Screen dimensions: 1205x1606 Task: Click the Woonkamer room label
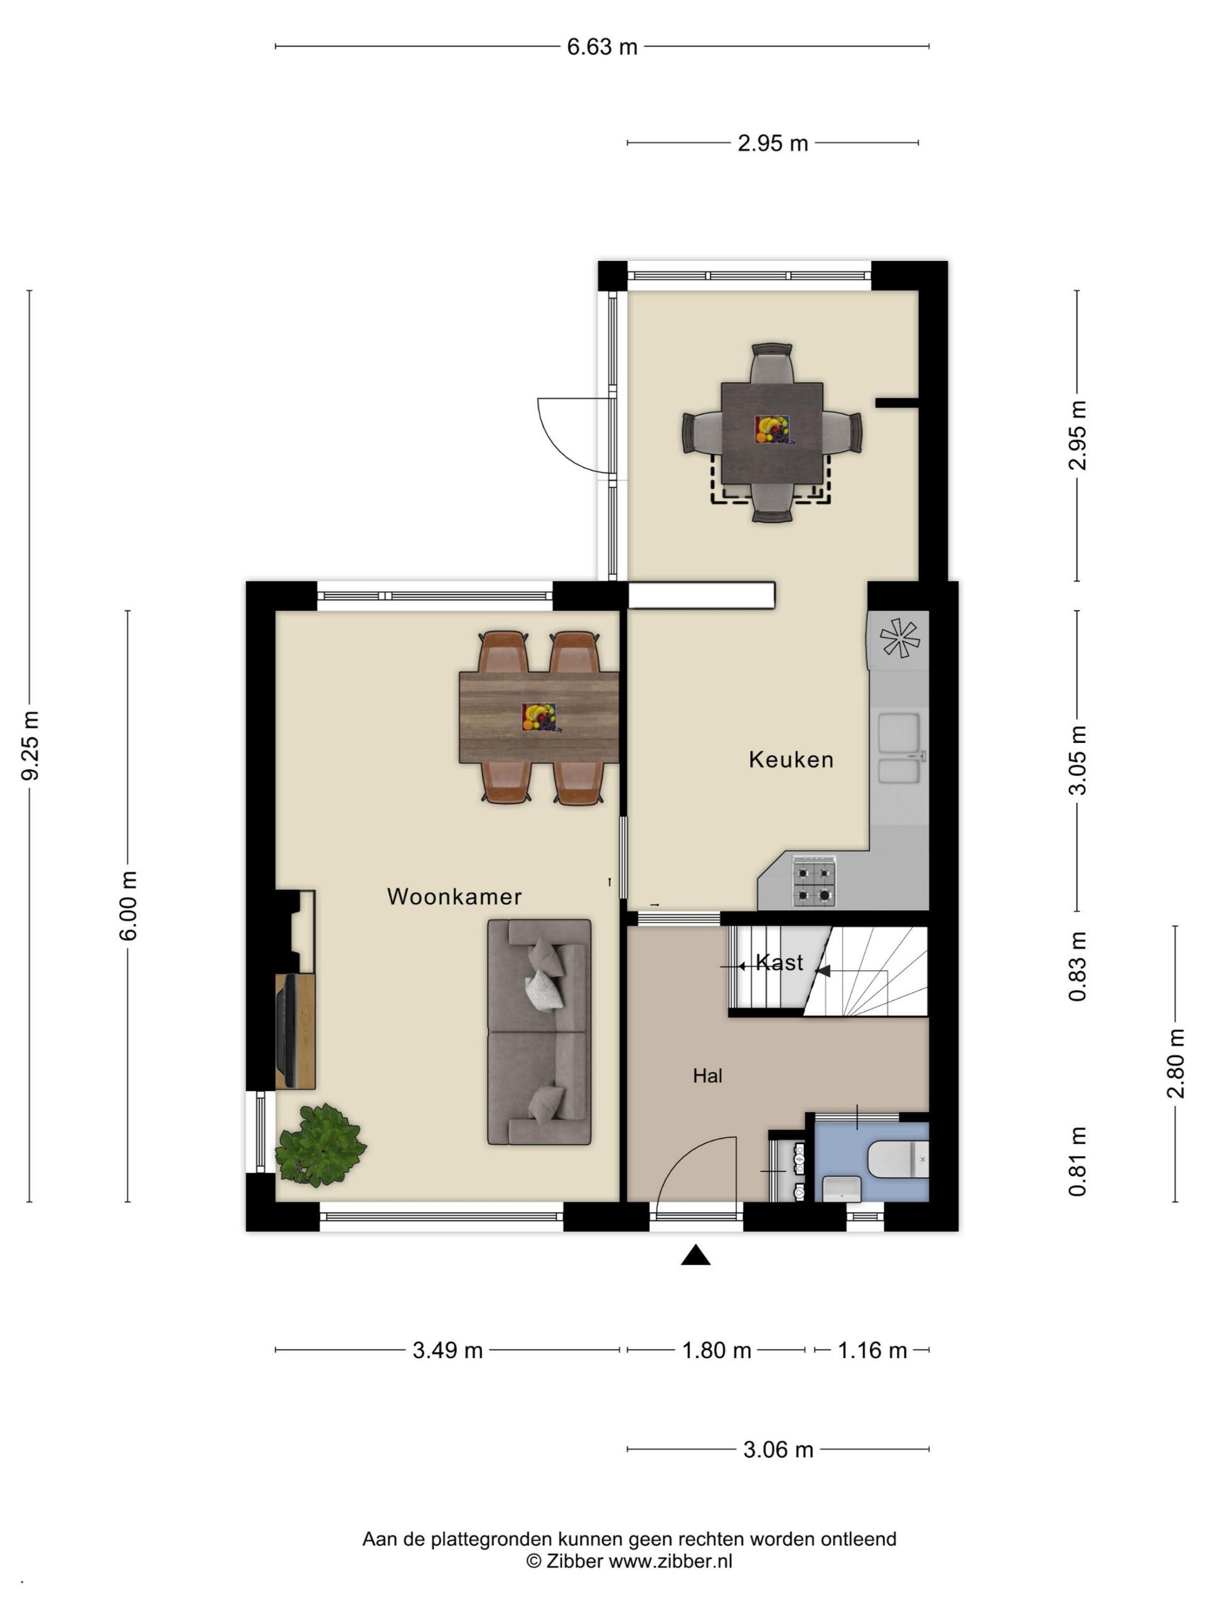(454, 896)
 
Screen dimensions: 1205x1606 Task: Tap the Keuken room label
(791, 760)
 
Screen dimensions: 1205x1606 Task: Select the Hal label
(707, 1076)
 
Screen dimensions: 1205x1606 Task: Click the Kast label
(779, 963)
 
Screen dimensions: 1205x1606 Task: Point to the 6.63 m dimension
(602, 46)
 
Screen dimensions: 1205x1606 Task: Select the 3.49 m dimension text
(447, 1351)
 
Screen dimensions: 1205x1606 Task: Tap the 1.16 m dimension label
(872, 1351)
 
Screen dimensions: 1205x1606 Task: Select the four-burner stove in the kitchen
(813, 881)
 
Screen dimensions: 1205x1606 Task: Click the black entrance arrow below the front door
(695, 1255)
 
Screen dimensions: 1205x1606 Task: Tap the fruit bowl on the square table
(772, 430)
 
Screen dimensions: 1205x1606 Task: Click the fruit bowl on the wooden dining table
(538, 717)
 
